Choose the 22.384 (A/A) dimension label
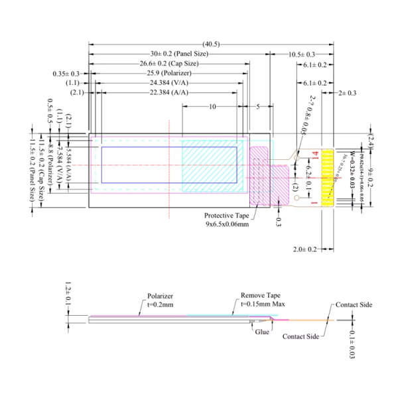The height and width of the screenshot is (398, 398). pos(168,93)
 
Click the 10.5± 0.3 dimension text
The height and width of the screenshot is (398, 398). pos(301,54)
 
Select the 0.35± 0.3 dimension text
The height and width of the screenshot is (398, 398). pos(66,73)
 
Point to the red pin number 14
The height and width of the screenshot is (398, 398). pos(316,154)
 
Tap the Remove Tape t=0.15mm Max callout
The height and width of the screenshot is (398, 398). pos(257,301)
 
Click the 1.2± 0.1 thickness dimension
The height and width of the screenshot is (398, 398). pos(67,294)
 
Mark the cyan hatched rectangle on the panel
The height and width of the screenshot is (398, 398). pos(209,163)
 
